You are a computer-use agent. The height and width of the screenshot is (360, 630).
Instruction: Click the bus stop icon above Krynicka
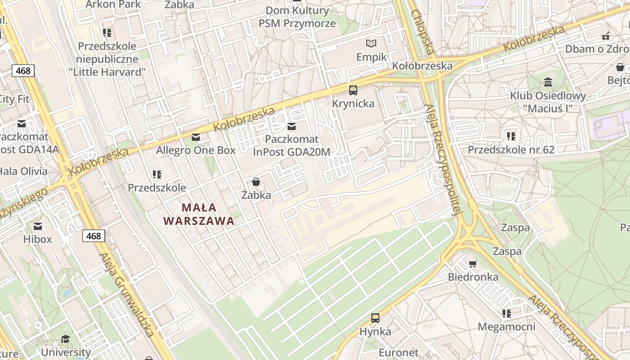tap(353, 90)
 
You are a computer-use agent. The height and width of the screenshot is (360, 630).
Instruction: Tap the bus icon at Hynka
tap(375, 318)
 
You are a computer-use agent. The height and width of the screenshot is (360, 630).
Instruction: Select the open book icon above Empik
tap(371, 44)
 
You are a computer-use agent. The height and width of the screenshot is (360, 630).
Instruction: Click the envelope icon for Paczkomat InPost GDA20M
tap(292, 126)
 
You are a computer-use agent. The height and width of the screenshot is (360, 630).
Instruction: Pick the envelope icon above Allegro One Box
tap(196, 137)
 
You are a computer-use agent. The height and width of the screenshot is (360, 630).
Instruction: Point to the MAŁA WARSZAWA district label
tap(199, 214)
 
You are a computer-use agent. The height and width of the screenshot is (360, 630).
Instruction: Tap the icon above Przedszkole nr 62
tap(511, 136)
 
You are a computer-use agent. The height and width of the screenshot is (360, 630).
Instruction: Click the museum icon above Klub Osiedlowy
tap(548, 82)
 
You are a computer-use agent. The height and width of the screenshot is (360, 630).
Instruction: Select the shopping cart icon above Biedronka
tap(472, 264)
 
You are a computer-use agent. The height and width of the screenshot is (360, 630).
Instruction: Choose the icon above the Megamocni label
tap(507, 314)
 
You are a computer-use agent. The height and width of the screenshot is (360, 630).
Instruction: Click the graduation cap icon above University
tap(66, 339)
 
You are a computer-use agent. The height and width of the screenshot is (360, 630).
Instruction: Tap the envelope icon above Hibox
tap(38, 226)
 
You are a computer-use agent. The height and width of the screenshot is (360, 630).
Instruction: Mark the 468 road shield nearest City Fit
tap(23, 71)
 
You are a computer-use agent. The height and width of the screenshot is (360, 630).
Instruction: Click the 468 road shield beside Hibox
tap(94, 236)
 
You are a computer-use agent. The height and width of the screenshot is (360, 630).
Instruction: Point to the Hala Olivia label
tap(23, 171)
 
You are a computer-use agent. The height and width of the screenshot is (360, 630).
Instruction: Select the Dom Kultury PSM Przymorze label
tap(297, 17)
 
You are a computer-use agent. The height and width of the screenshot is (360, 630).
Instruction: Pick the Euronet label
tap(399, 352)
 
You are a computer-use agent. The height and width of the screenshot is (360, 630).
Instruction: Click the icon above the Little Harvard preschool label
tap(107, 32)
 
